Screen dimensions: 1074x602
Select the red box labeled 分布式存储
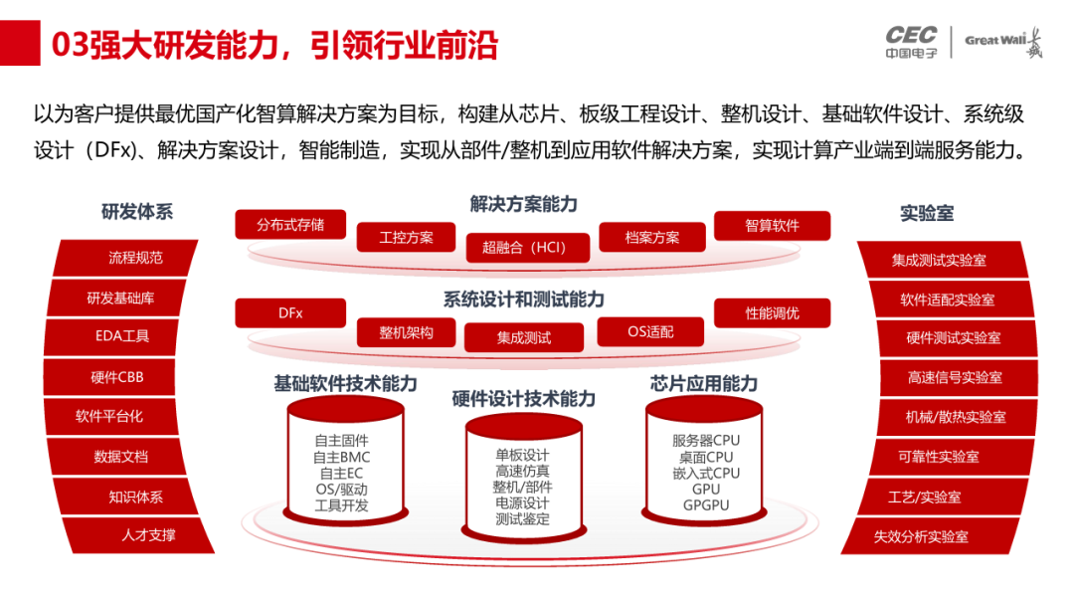(x=290, y=224)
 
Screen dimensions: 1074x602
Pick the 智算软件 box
(x=772, y=225)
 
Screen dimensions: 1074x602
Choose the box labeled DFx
(x=290, y=312)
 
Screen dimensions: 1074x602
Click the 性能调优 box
(x=772, y=312)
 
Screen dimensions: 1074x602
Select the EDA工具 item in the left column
(x=122, y=336)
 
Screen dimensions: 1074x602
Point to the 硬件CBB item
(x=117, y=377)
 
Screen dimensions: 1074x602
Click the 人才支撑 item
(x=148, y=534)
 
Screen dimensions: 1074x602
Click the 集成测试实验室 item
(x=939, y=260)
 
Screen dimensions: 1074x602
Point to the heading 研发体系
(x=137, y=211)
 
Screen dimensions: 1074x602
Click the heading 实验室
(x=927, y=213)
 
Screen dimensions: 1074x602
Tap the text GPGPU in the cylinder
(x=706, y=504)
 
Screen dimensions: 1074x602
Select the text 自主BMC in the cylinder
(x=341, y=457)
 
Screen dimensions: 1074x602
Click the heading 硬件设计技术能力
(x=524, y=399)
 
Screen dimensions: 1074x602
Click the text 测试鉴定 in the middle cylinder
(x=523, y=518)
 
